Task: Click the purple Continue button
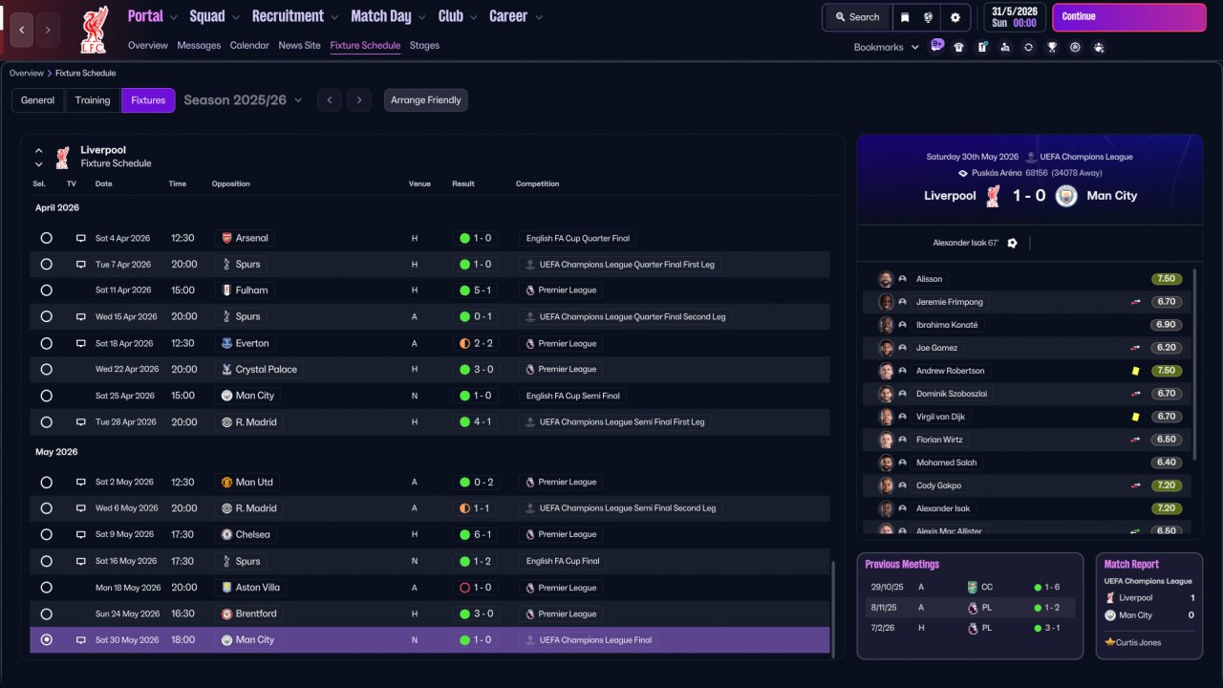pyautogui.click(x=1128, y=17)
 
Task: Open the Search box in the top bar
pyautogui.click(x=857, y=17)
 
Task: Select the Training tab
pyautogui.click(x=93, y=100)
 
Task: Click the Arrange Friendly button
pyautogui.click(x=425, y=100)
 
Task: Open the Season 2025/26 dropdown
pyautogui.click(x=243, y=100)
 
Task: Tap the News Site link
pyautogui.click(x=299, y=45)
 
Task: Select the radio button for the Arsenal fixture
pyautogui.click(x=47, y=238)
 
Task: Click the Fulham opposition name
pyautogui.click(x=251, y=290)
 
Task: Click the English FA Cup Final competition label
pyautogui.click(x=563, y=561)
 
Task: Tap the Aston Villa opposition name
pyautogui.click(x=257, y=588)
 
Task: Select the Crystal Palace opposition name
pyautogui.click(x=266, y=369)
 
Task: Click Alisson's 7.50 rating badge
pyautogui.click(x=1167, y=279)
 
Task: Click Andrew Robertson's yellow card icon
pyautogui.click(x=1136, y=371)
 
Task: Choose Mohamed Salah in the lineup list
pyautogui.click(x=946, y=462)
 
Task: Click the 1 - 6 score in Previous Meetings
pyautogui.click(x=1052, y=587)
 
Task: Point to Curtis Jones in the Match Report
pyautogui.click(x=1138, y=643)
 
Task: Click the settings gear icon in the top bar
pyautogui.click(x=955, y=17)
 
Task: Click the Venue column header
pyautogui.click(x=419, y=184)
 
